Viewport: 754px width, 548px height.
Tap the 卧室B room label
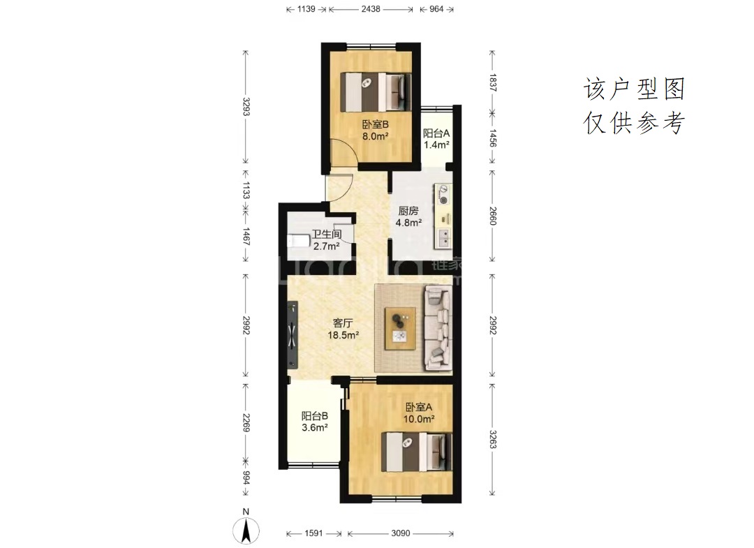[375, 124]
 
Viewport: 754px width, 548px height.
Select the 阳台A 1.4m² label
[436, 139]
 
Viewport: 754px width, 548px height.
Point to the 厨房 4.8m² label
[408, 216]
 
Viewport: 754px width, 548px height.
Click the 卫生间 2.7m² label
[327, 240]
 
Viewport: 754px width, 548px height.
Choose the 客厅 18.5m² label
[343, 329]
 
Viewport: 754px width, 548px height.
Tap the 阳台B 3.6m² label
[315, 422]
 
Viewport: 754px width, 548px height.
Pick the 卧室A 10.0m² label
[419, 413]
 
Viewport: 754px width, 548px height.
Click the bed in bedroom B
[376, 92]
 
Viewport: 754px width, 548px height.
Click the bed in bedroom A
[417, 452]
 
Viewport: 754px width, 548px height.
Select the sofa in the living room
[438, 328]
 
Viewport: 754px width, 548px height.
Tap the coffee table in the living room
[401, 328]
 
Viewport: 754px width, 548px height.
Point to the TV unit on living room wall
[293, 335]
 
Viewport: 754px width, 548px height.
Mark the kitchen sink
[443, 238]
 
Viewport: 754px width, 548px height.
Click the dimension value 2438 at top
[371, 8]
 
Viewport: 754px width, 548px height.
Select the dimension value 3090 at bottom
[401, 533]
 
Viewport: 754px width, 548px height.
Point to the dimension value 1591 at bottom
[314, 533]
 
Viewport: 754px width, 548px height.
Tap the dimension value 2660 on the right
[492, 216]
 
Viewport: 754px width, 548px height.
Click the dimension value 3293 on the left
[246, 107]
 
